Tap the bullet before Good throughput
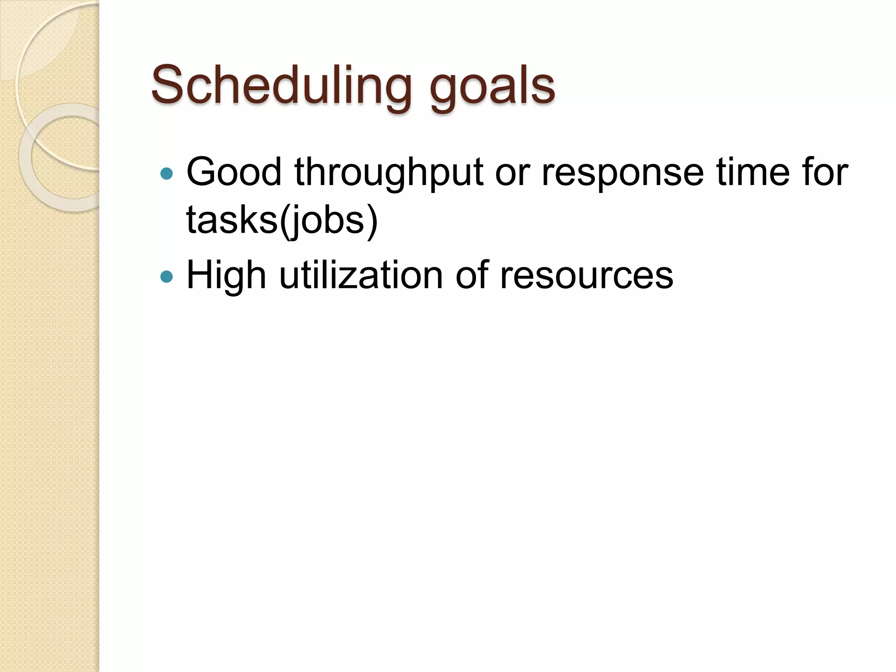(x=167, y=174)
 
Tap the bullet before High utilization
(x=167, y=276)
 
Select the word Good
(x=234, y=172)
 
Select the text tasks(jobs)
(x=282, y=220)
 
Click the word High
(x=226, y=276)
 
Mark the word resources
(x=586, y=276)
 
